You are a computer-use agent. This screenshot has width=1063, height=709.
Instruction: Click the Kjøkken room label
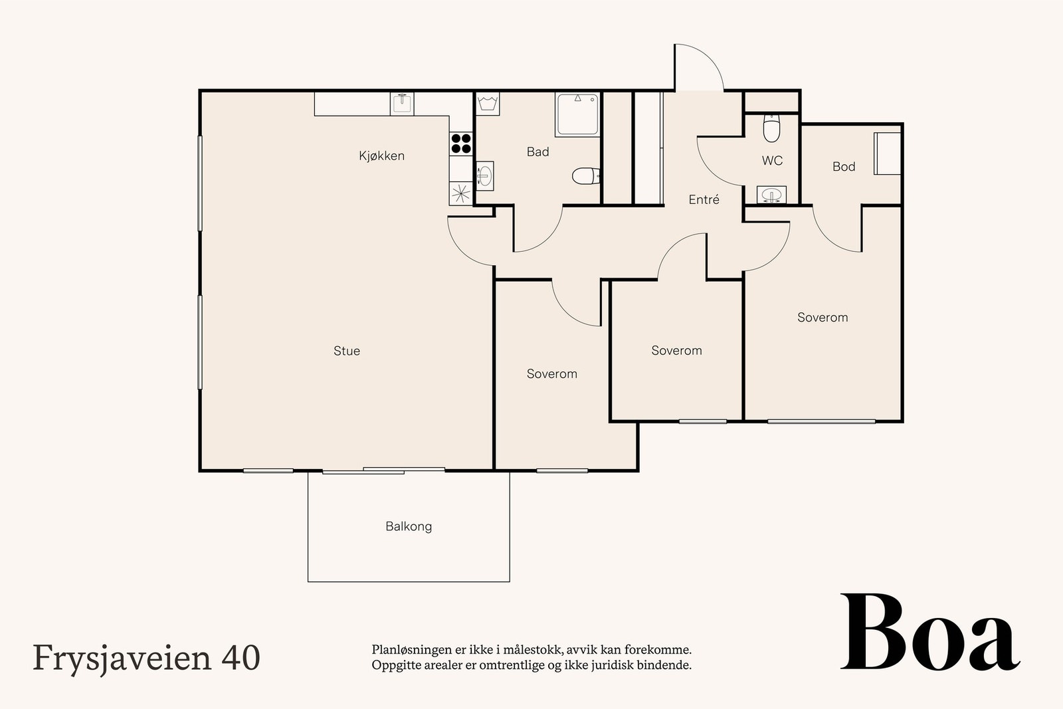pos(381,156)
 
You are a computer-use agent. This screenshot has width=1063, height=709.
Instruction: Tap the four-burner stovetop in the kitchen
pos(462,144)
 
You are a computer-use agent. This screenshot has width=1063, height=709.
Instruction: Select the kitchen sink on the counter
pos(402,104)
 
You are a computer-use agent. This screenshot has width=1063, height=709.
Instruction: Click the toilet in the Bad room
pos(585,176)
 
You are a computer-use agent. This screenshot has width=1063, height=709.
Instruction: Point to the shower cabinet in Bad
pos(577,114)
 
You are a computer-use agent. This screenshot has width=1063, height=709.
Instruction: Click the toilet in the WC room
pos(771,129)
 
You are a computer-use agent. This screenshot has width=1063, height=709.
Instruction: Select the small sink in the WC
pos(771,195)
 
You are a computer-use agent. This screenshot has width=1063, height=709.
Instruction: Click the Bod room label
pos(844,167)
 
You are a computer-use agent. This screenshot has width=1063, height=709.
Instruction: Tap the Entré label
pos(704,199)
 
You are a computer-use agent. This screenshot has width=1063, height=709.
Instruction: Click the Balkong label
pos(409,526)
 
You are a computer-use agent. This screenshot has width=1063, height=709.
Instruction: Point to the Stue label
pos(347,351)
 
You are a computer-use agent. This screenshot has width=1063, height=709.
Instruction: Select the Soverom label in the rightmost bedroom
pos(822,318)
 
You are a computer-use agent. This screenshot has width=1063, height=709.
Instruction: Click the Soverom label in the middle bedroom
pos(676,351)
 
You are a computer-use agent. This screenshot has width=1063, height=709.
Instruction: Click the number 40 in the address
pos(241,658)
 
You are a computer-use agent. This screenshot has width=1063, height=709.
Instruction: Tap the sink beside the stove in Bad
pos(485,176)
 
